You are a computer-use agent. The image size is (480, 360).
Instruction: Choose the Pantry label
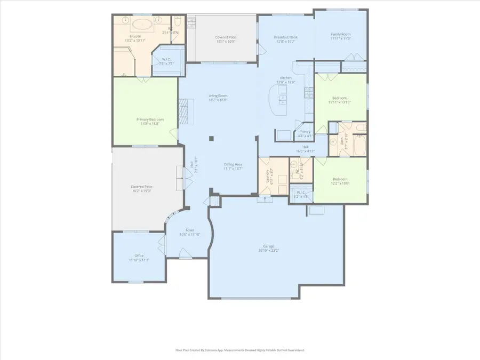(305, 133)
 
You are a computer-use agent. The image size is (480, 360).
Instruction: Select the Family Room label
(340, 37)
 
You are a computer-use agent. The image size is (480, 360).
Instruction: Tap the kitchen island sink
(283, 100)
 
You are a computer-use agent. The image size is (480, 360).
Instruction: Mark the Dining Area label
(233, 166)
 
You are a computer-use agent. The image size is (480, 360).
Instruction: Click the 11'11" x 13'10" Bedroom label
(340, 100)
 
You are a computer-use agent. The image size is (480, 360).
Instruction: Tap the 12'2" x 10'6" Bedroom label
(340, 181)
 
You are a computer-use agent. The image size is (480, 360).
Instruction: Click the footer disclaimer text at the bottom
(240, 350)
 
